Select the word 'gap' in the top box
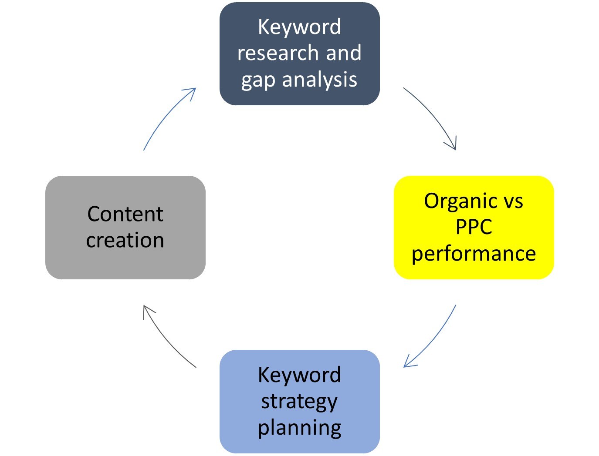[258, 80]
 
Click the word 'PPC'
[474, 227]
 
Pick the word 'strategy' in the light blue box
[299, 402]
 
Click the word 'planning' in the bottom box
[299, 429]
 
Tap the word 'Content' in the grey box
[125, 214]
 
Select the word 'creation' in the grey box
[125, 240]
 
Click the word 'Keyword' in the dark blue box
[299, 27]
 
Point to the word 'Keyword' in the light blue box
[299, 375]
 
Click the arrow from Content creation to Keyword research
[166, 116]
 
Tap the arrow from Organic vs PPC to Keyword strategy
[434, 340]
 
